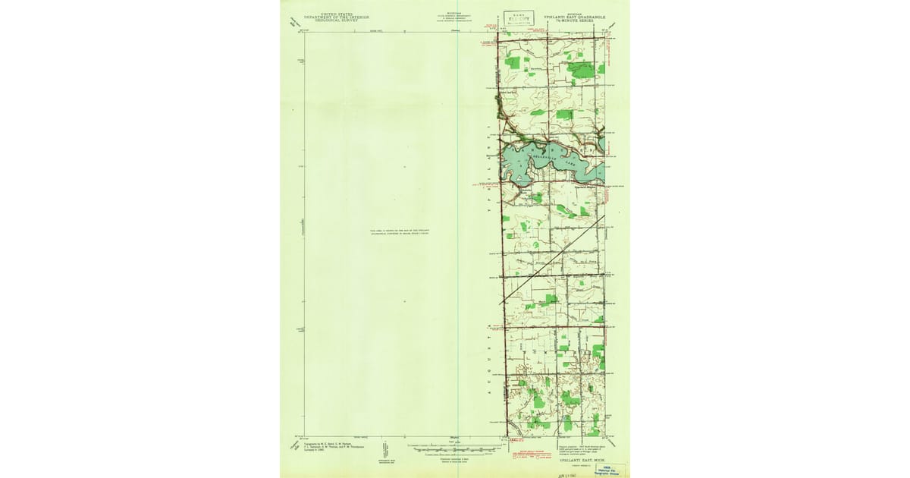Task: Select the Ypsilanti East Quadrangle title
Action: point(579,14)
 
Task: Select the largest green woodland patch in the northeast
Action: point(582,70)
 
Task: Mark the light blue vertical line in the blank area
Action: point(458,228)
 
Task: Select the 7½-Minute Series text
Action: point(579,19)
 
